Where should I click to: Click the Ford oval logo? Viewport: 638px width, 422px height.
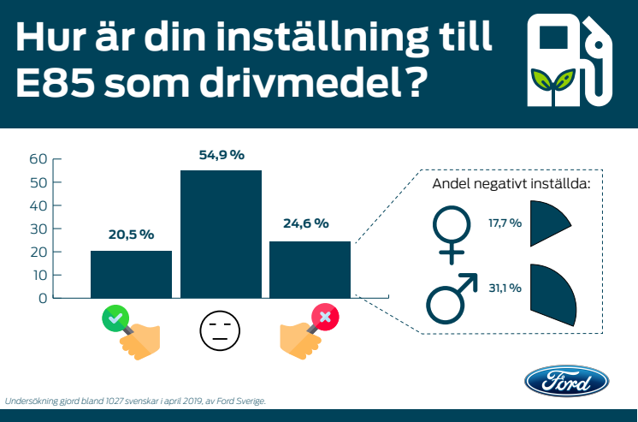566,381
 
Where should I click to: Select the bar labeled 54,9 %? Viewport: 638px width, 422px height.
221,234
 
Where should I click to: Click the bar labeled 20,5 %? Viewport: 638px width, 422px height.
131,274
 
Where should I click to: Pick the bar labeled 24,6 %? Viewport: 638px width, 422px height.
310,270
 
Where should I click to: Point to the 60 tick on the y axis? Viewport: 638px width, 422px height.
38,158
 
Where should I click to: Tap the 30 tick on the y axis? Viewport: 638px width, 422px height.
38,229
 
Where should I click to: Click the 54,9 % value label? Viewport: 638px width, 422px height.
221,155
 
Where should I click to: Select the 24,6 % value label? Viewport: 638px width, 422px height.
305,223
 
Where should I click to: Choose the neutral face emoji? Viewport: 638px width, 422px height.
221,329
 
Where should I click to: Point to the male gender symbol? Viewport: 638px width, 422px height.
451,294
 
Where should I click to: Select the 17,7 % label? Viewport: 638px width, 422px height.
505,222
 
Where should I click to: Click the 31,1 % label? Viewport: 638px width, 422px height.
505,288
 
